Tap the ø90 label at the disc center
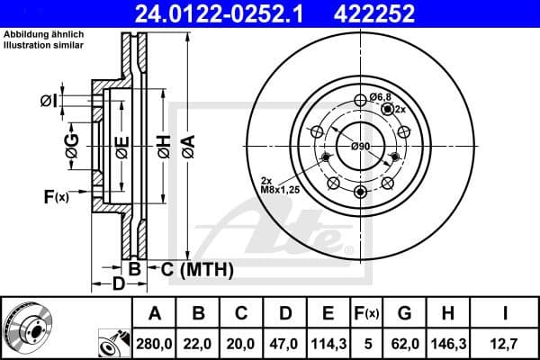[361, 146]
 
